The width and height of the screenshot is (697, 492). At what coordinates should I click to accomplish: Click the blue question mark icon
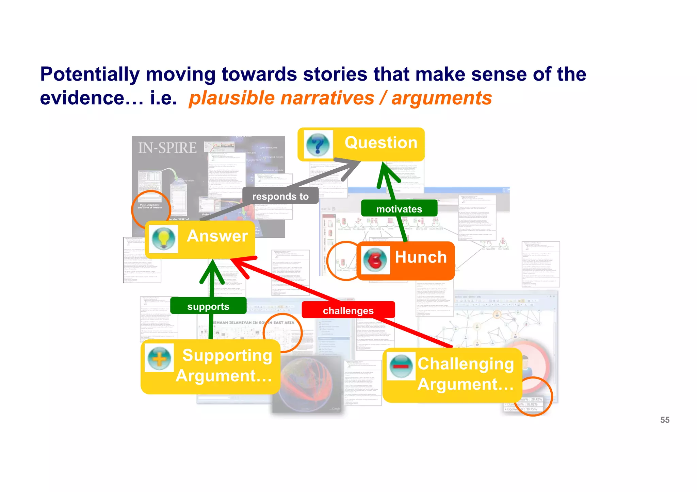pos(318,145)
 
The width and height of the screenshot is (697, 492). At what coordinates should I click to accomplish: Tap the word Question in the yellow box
pos(381,142)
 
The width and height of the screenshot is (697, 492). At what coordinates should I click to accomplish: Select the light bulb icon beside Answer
pos(164,238)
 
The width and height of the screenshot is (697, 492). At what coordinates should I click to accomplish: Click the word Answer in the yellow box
pos(217,236)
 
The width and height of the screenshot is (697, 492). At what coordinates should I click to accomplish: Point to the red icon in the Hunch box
pos(375,260)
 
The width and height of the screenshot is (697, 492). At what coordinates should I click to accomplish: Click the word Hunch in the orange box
pos(421,257)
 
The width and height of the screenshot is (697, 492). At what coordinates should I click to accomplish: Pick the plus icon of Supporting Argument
pos(159,358)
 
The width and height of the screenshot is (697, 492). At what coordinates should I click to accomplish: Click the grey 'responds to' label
pos(280,196)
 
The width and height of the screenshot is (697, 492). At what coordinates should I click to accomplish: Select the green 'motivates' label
pos(399,209)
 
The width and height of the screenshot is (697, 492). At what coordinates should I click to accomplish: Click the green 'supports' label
pos(208,306)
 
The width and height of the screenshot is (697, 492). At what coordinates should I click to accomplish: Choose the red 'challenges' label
pos(348,310)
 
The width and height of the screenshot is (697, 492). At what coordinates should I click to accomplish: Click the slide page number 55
pos(665,420)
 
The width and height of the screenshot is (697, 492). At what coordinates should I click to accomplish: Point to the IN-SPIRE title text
pos(167,148)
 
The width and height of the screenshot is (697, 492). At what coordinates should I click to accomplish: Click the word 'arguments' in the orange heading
pos(441,98)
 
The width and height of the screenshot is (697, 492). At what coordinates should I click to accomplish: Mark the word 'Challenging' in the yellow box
pos(466,364)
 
